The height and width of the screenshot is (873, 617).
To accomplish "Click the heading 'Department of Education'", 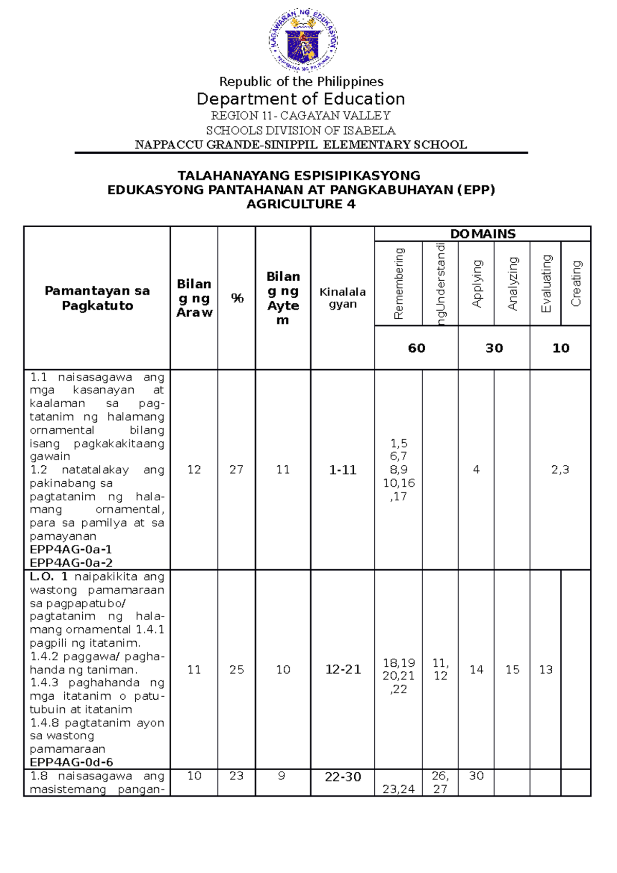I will [301, 99].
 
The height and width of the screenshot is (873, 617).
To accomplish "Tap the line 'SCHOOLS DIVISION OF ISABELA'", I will [301, 130].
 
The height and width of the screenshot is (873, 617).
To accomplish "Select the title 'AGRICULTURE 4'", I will [301, 204].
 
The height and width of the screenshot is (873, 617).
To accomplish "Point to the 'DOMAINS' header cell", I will [482, 234].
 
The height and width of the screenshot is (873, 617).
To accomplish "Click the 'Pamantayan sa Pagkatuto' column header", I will [97, 298].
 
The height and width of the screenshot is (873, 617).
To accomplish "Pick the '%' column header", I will [237, 298].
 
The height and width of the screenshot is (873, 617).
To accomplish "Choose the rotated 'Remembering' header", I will [398, 283].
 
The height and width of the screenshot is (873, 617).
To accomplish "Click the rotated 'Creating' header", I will [576, 283].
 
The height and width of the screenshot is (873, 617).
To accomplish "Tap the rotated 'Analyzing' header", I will [512, 283].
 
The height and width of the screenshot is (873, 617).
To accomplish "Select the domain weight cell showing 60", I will [416, 348].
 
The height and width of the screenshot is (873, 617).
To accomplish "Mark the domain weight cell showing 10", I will [560, 348].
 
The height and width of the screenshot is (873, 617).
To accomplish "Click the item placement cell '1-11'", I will [342, 470].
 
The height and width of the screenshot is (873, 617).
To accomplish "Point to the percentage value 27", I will [237, 469].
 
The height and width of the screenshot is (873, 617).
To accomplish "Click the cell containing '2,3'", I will [560, 469].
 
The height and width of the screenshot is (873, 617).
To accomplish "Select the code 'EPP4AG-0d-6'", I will [71, 762].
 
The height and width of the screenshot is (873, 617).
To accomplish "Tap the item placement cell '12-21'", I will [342, 669].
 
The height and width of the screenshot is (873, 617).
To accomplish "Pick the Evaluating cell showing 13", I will [546, 669].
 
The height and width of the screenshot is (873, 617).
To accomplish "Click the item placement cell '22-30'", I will [342, 777].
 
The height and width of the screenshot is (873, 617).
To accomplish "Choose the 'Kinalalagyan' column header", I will [342, 298].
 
